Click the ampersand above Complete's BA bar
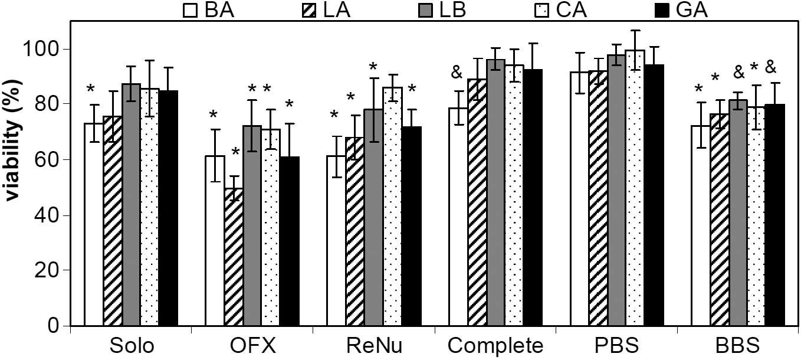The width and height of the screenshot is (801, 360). (457, 73)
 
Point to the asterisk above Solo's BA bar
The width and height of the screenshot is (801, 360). (90, 89)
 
